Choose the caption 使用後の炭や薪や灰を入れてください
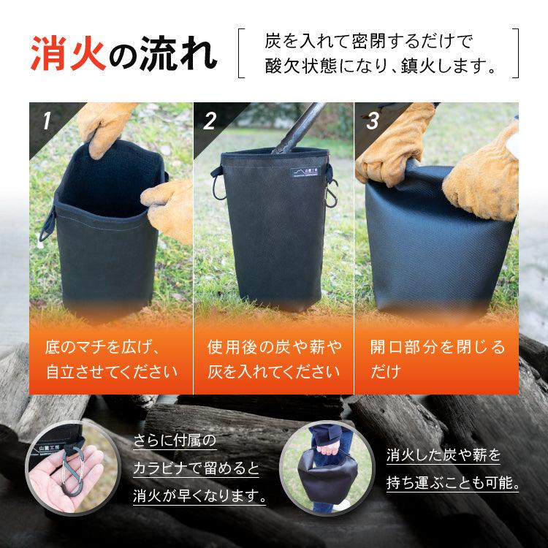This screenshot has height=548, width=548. [274, 359]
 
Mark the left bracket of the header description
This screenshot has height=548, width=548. [242, 53]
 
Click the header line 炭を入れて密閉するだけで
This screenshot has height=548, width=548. [373, 42]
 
